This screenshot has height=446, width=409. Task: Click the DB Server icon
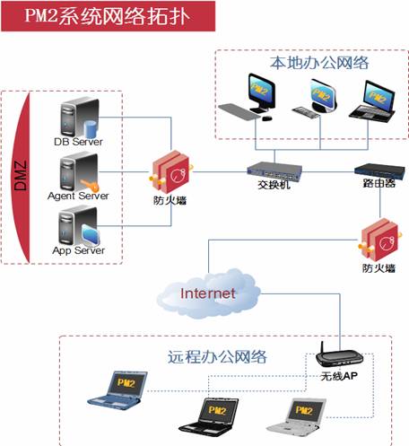[79, 118]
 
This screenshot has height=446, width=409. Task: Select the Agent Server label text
[78, 196]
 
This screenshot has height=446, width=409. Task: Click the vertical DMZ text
[21, 176]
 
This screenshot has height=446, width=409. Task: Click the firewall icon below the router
[380, 240]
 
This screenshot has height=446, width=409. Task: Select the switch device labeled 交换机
[274, 171]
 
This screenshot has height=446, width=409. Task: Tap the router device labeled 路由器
[379, 171]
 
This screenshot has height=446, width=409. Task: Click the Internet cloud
[208, 293]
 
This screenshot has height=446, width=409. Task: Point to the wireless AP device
[339, 356]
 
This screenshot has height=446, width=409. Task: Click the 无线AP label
[339, 376]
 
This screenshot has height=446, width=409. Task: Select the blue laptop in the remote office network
[117, 390]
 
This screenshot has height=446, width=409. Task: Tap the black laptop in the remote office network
[209, 415]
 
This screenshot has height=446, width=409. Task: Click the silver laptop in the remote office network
[296, 415]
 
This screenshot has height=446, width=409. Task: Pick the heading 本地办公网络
[319, 63]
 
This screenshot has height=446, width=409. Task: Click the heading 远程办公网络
[217, 357]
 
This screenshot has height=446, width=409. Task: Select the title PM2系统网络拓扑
[107, 15]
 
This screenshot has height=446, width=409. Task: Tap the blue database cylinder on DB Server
[91, 129]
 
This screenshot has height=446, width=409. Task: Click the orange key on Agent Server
[89, 186]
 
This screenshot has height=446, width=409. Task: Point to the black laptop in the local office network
[373, 101]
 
